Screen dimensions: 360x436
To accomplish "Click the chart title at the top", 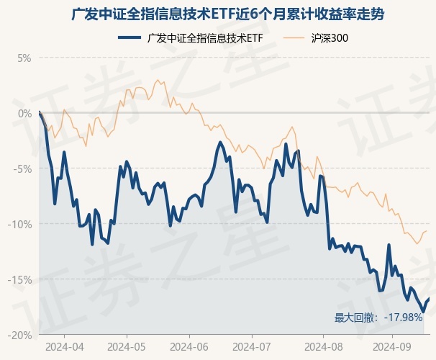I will click(x=218, y=14).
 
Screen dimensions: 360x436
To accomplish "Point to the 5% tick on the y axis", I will click(x=24, y=58).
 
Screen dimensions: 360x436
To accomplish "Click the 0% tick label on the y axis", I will click(x=24, y=113).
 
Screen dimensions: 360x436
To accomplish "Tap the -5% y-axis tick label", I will click(x=22, y=168).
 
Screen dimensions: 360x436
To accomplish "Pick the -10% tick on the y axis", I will click(x=20, y=224).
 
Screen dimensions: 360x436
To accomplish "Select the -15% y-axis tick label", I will click(x=20, y=279).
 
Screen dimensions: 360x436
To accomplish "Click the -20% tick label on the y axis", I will click(x=20, y=335).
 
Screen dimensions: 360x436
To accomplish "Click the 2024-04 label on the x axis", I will click(x=64, y=346).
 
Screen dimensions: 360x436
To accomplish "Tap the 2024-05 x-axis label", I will click(x=126, y=346).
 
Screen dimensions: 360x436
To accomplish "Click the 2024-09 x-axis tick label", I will click(x=392, y=346).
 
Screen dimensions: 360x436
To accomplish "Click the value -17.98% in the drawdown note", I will click(x=404, y=318).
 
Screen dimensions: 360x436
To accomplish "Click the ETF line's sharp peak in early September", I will click(x=389, y=245).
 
